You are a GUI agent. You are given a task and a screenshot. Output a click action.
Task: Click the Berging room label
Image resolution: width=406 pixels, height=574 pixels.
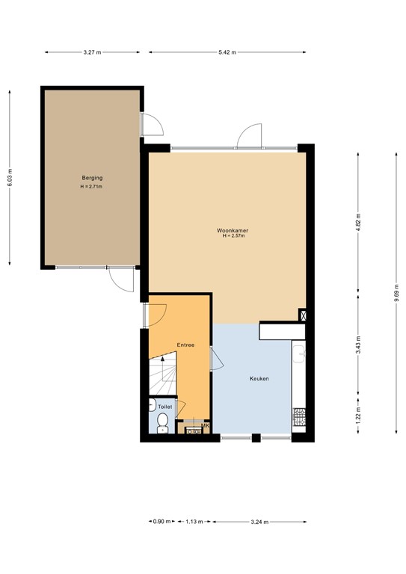point(92,178)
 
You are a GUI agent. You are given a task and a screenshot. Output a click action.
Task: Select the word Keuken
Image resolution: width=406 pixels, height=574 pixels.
point(259,379)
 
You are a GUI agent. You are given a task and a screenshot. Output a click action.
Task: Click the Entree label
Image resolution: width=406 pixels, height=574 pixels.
point(185,345)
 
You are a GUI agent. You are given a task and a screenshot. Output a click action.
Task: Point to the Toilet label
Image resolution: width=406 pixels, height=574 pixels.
point(164,407)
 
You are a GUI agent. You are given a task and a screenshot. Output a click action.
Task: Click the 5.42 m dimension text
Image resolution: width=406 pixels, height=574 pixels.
point(227,52)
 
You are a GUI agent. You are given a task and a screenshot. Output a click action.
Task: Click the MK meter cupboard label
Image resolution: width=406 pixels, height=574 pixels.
point(205,426)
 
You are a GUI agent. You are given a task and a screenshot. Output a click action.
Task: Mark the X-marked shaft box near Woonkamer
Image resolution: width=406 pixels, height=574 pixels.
point(303,315)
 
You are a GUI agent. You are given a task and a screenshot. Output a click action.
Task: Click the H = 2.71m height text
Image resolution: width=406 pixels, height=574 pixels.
point(92,186)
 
